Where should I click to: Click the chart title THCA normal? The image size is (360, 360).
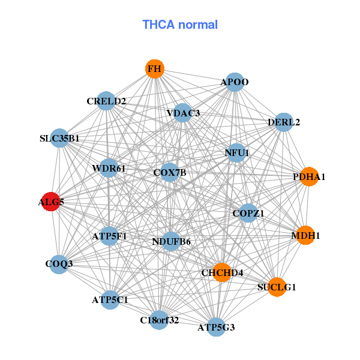[x=180, y=25]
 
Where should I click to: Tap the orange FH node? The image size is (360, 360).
[x=155, y=69]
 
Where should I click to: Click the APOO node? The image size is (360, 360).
[x=235, y=82]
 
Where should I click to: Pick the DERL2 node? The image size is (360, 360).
[x=284, y=122]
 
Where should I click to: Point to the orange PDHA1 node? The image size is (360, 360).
[x=308, y=177]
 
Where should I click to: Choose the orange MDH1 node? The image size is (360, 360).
[x=306, y=235]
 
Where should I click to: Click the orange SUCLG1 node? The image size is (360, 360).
[x=277, y=287]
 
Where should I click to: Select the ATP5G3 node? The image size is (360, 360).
[x=216, y=327]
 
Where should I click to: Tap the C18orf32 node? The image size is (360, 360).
[x=160, y=320]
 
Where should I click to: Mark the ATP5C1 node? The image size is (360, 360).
[x=110, y=299]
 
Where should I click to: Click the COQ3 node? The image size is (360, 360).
[x=59, y=264]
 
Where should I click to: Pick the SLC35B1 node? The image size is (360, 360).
[x=59, y=139]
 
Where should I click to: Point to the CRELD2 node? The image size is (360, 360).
[x=106, y=101]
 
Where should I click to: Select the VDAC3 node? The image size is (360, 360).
[x=183, y=113]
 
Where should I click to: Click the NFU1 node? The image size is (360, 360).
[x=236, y=152]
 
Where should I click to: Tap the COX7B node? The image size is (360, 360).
[x=170, y=173]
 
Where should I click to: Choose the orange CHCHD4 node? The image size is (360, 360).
[x=222, y=273]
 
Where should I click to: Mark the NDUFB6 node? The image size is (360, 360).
[x=171, y=242]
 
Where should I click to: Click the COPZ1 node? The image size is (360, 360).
[x=248, y=213]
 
